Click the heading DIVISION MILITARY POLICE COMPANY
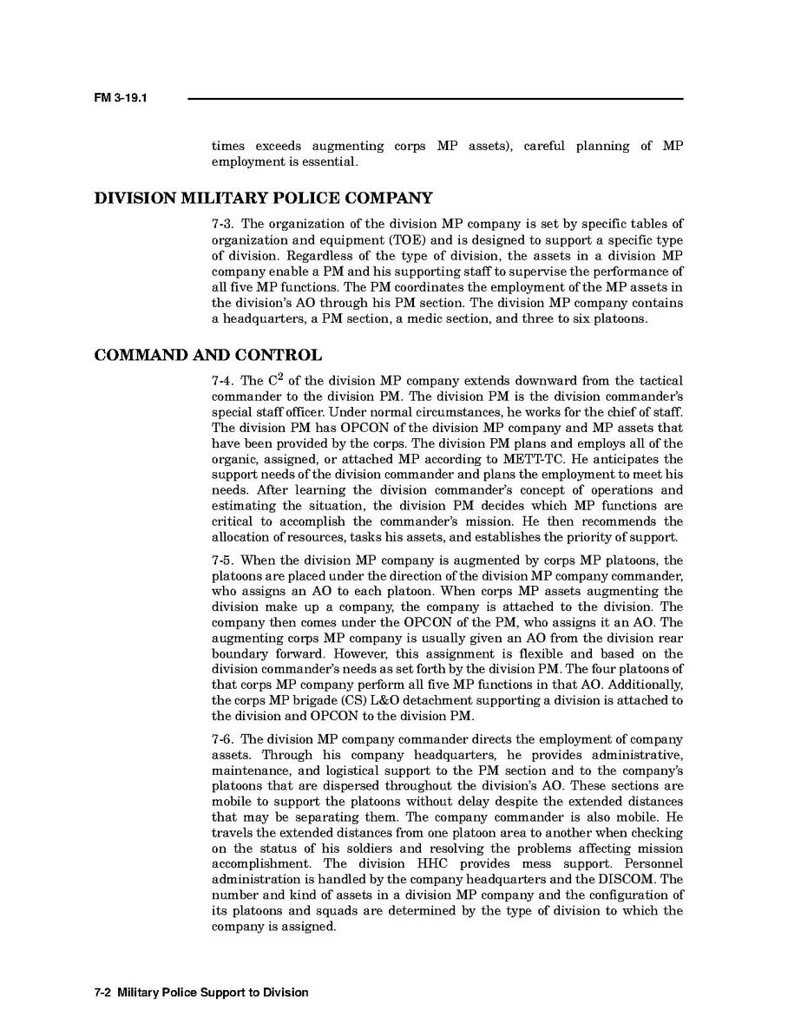(x=263, y=198)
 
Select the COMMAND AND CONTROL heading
(x=207, y=355)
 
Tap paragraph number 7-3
(x=223, y=225)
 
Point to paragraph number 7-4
(x=223, y=382)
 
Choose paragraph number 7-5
(x=223, y=561)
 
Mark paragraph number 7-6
(x=223, y=739)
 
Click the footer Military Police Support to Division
(x=212, y=992)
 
